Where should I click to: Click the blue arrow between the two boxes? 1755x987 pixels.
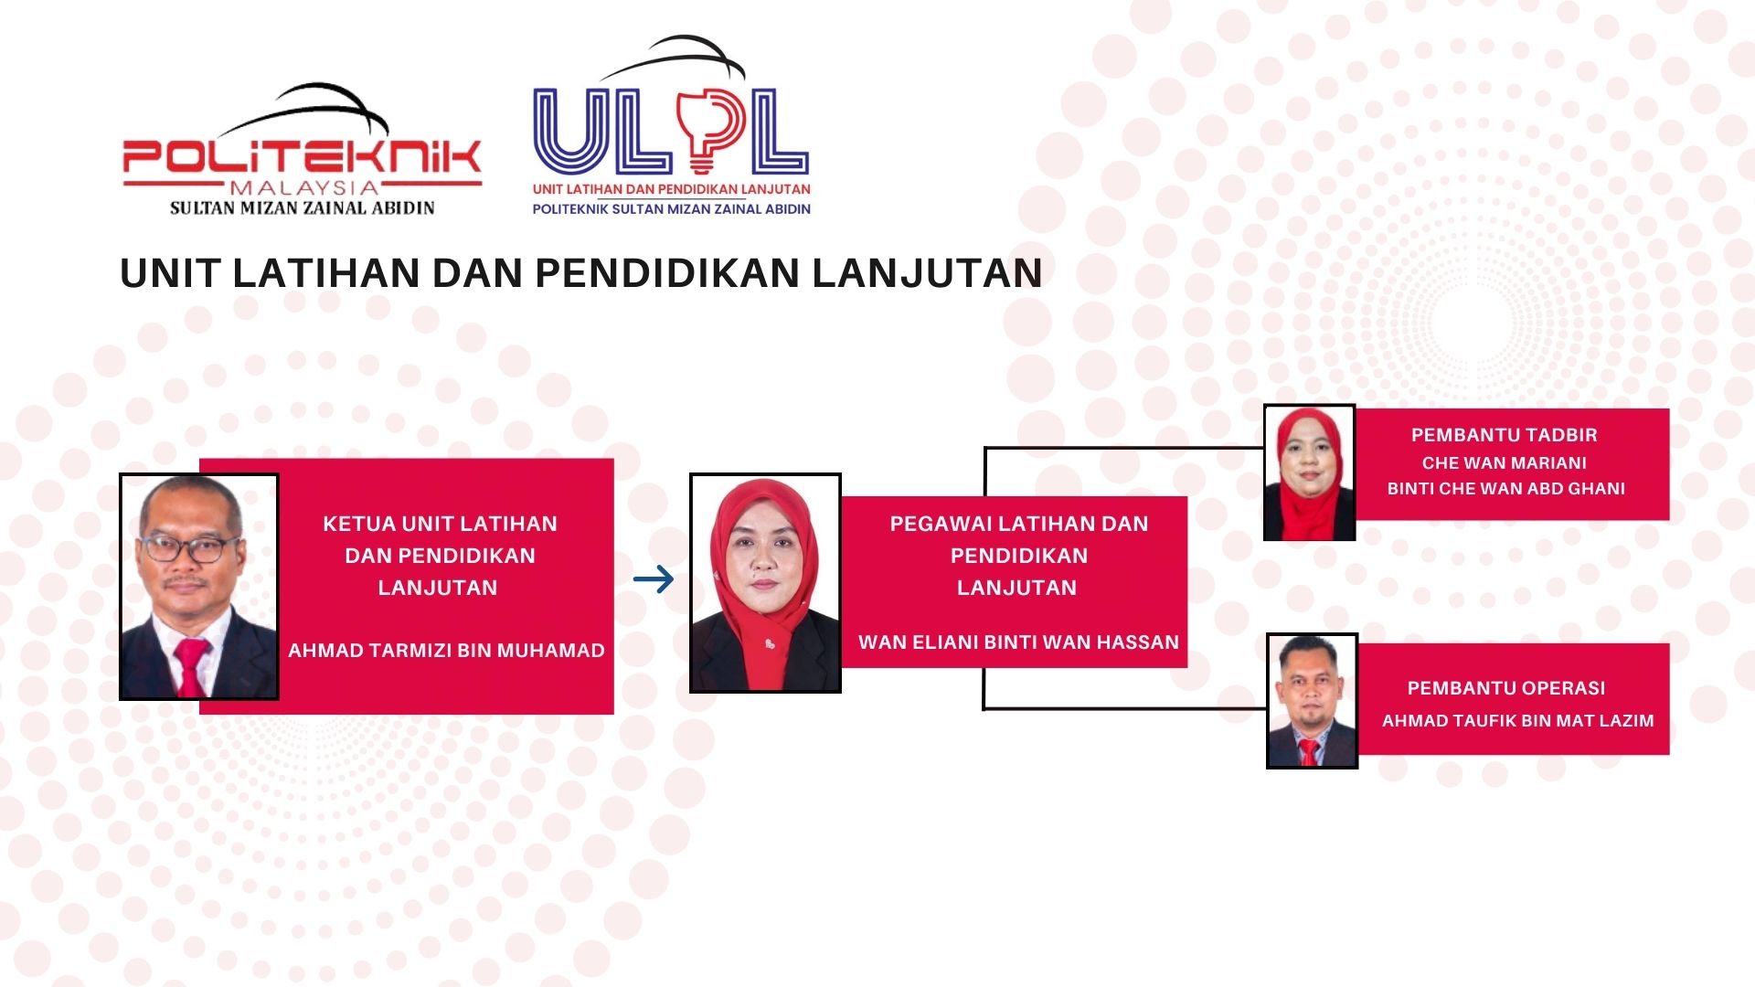(654, 578)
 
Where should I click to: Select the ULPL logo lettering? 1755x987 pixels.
(671, 132)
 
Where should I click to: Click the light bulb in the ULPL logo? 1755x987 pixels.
(702, 133)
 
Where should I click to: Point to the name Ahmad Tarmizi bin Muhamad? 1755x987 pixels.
(446, 651)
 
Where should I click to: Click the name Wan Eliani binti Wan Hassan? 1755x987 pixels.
(1018, 642)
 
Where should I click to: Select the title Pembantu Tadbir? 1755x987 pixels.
(1504, 435)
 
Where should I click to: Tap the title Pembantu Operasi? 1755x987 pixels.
(1505, 688)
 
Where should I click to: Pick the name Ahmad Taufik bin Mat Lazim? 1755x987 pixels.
(1517, 721)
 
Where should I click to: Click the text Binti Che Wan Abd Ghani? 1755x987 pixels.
(1505, 489)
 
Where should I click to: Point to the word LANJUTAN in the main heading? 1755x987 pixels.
(927, 273)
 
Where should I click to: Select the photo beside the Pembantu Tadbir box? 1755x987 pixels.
(1309, 472)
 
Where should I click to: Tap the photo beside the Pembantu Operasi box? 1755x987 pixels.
(1312, 701)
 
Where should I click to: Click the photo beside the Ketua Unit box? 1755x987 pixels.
(198, 587)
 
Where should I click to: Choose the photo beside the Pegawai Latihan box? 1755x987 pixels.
(765, 583)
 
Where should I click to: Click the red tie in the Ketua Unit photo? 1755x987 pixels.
(190, 666)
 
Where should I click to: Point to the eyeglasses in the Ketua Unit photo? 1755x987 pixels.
(190, 548)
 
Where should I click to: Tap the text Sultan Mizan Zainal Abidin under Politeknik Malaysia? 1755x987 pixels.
(303, 208)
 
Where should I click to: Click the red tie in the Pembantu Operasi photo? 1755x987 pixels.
(1309, 752)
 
